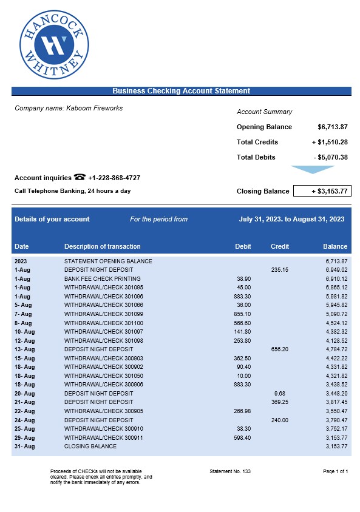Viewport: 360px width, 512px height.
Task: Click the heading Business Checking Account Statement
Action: pyautogui.click(x=181, y=91)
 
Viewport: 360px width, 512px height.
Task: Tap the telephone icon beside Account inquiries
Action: pyautogui.click(x=80, y=177)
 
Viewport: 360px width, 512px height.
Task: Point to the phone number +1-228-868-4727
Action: pyautogui.click(x=114, y=178)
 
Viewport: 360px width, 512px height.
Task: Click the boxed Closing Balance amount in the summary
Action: pyautogui.click(x=322, y=191)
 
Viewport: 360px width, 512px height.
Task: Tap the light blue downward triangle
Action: pyautogui.click(x=313, y=170)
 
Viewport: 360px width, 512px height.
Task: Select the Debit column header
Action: pyautogui.click(x=243, y=246)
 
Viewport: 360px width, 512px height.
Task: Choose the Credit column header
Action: pyautogui.click(x=280, y=246)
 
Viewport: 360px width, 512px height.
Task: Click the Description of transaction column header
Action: pyautogui.click(x=102, y=246)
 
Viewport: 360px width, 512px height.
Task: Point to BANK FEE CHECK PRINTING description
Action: pyautogui.click(x=102, y=278)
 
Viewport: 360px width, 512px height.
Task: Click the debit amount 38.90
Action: pyautogui.click(x=243, y=278)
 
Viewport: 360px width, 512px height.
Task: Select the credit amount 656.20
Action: pyautogui.click(x=280, y=349)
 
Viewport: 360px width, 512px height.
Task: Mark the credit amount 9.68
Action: pyautogui.click(x=280, y=393)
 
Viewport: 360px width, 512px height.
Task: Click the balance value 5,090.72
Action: pyautogui.click(x=336, y=314)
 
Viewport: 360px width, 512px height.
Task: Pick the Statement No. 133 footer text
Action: pyautogui.click(x=229, y=471)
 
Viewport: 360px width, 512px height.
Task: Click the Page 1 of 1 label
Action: pyautogui.click(x=336, y=471)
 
